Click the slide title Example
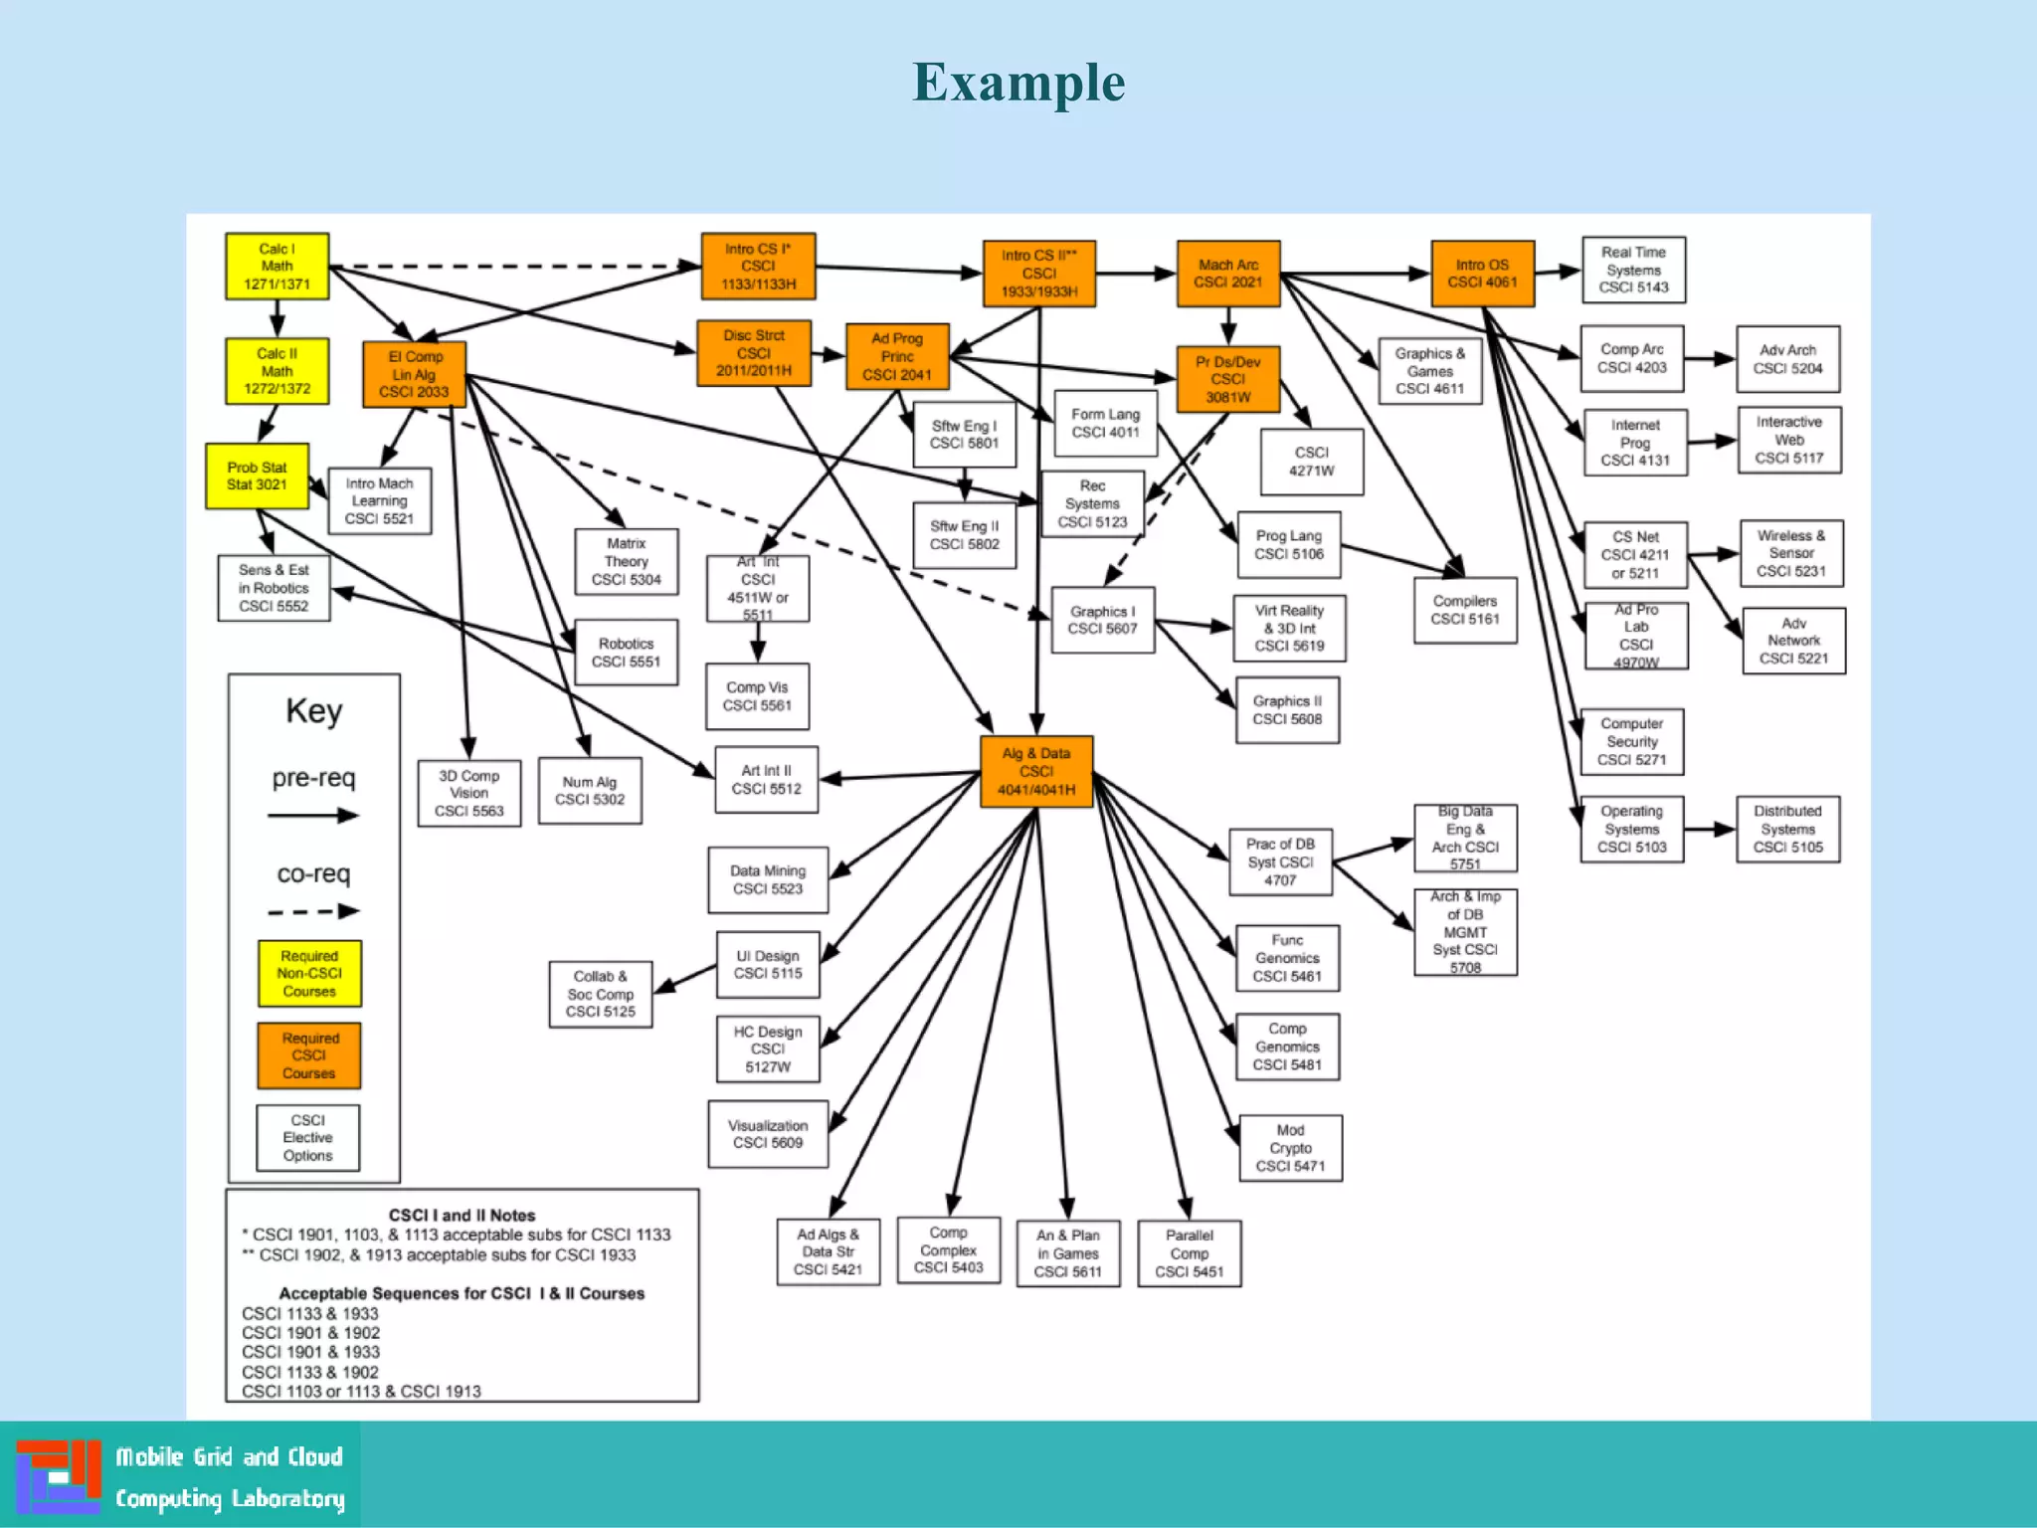(1018, 83)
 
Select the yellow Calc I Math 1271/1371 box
(277, 267)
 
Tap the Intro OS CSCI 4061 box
(1482, 274)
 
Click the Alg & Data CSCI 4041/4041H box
(1035, 772)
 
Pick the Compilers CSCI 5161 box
(1465, 610)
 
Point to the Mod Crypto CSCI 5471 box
(1290, 1148)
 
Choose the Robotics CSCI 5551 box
(626, 653)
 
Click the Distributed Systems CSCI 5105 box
(1787, 830)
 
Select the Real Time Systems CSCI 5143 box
(1633, 270)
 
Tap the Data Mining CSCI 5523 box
(767, 880)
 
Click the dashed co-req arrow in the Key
(312, 911)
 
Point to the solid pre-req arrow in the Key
(312, 817)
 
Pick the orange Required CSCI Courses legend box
(308, 1055)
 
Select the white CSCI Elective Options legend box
(307, 1138)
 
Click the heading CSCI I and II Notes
(462, 1215)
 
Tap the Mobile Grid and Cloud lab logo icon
(59, 1476)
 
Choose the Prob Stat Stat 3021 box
(257, 477)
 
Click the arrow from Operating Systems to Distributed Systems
(1710, 830)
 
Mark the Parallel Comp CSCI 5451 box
(1189, 1253)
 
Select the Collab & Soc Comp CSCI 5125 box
(600, 994)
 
